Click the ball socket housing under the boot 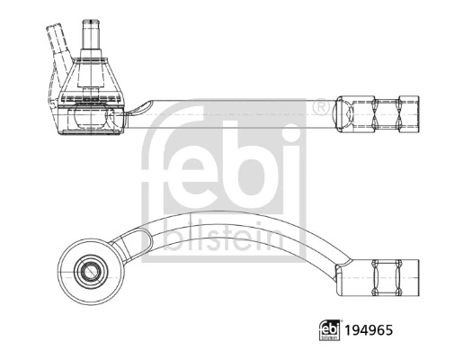(91, 120)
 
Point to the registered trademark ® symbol (320, 108)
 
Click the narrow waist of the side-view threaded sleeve (378, 115)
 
